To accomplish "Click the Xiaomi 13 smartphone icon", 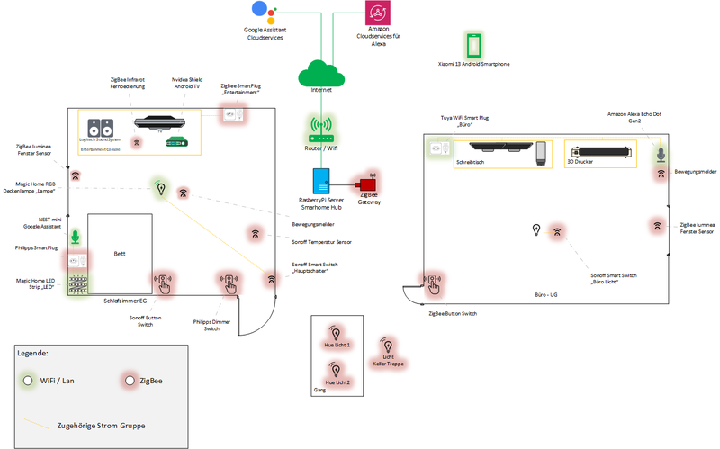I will [x=473, y=46].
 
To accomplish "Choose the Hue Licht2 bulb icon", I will [x=337, y=369].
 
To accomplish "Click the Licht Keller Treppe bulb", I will [x=388, y=345].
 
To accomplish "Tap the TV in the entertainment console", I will [x=159, y=122].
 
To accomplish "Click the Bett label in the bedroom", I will [x=120, y=254].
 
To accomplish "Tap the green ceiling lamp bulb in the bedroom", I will [x=160, y=188].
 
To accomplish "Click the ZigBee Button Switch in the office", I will [x=434, y=284].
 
